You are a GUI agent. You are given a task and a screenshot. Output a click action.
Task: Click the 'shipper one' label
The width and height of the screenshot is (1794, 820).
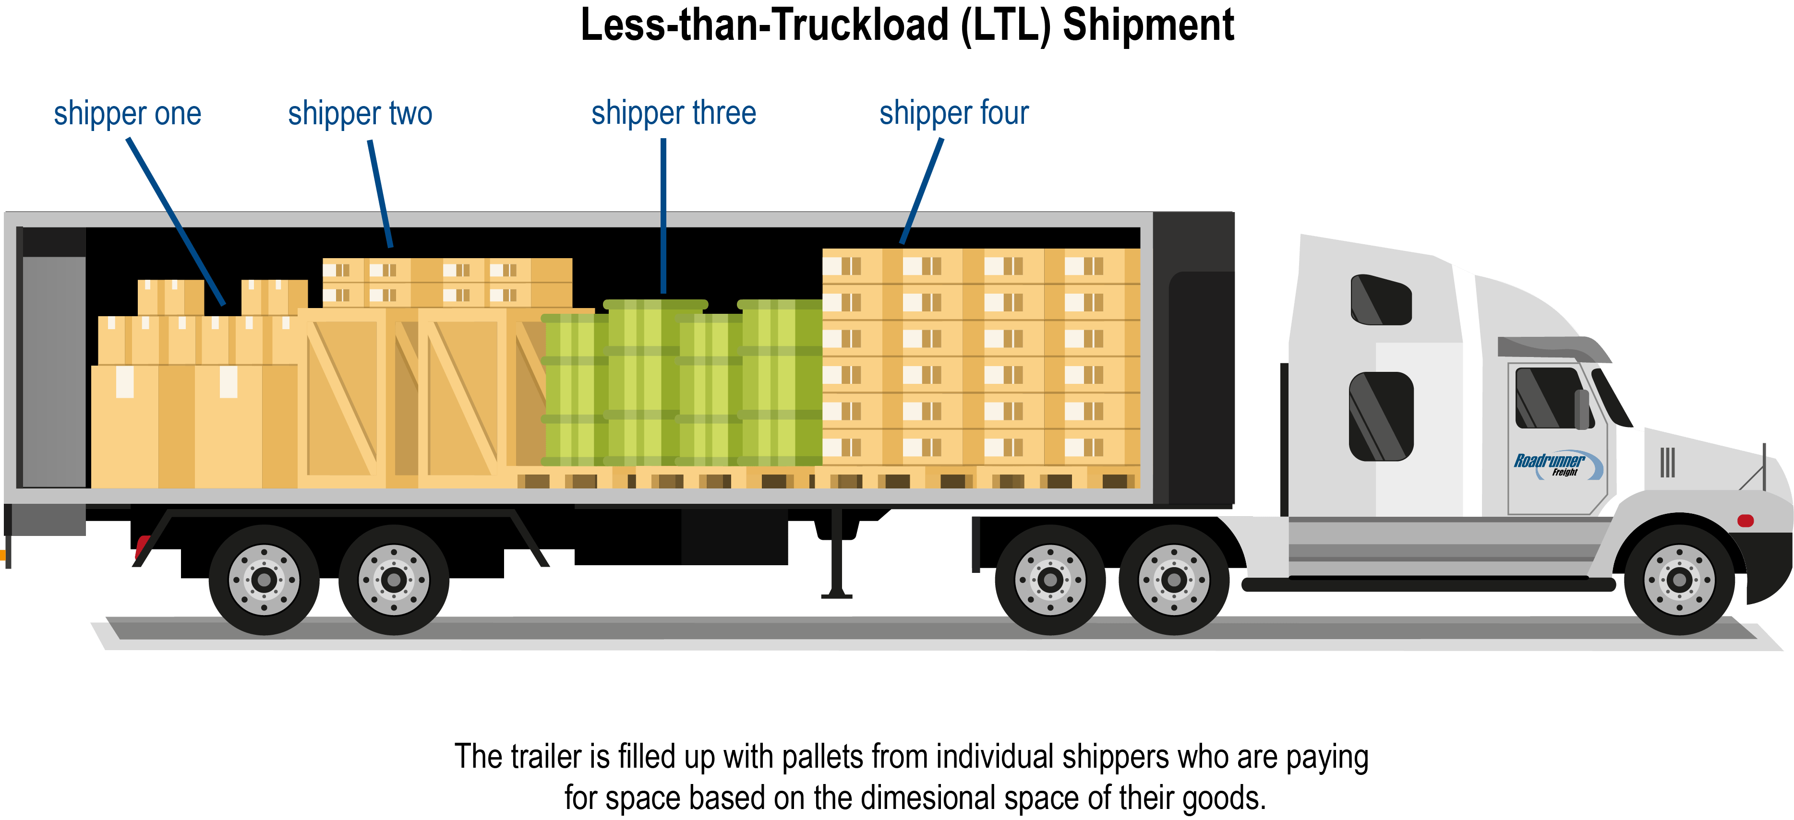(127, 113)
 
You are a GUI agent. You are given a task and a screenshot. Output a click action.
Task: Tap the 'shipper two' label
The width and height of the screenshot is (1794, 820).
(360, 113)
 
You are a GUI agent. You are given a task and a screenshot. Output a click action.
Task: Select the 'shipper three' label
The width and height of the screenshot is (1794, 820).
(674, 113)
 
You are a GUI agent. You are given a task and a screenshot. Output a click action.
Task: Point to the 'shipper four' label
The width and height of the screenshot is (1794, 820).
(953, 113)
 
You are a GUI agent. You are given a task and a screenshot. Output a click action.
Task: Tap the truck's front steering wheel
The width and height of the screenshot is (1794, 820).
(1679, 579)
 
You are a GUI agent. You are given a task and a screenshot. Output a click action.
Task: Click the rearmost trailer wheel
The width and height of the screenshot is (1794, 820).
(264, 579)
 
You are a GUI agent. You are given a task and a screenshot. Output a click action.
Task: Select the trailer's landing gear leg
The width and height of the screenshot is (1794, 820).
(836, 557)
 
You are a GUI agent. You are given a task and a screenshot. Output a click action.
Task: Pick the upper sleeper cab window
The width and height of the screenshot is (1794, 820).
(1380, 300)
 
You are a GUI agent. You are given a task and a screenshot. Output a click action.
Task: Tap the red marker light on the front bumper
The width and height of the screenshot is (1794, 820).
(1745, 521)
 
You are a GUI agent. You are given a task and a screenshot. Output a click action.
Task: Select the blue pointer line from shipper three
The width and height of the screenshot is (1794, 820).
(663, 216)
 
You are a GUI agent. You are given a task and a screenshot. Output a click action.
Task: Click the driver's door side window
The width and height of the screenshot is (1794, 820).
(1547, 398)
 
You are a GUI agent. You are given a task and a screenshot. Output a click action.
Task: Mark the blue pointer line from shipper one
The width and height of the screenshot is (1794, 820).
(176, 221)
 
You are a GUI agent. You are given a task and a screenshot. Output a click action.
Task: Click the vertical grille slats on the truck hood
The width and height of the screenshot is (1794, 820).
(1667, 462)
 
